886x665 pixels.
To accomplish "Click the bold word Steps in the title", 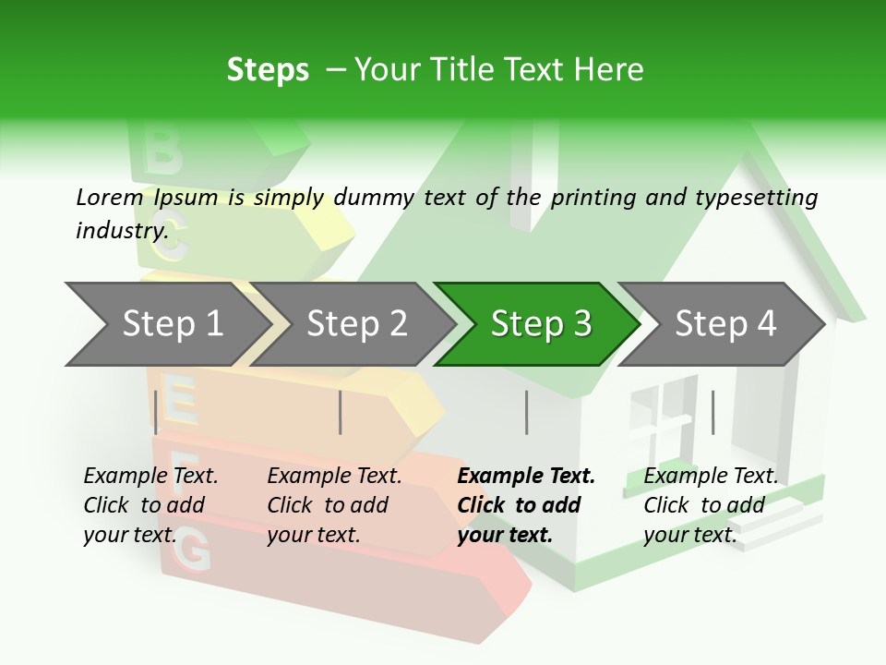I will click(268, 69).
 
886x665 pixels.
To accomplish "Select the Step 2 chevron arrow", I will click(356, 323).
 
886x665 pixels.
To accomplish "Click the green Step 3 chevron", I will click(541, 323).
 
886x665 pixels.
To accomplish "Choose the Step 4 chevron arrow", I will click(725, 323).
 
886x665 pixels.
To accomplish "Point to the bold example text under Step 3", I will click(526, 505).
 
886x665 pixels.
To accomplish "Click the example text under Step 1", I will click(150, 505).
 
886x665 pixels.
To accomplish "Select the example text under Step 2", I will click(334, 505).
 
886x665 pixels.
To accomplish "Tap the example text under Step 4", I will click(711, 505).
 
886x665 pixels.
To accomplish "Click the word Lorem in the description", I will click(110, 197).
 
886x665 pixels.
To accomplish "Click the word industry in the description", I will click(121, 230).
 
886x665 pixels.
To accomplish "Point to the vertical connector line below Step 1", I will click(156, 412).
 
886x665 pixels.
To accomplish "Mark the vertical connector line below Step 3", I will click(526, 412).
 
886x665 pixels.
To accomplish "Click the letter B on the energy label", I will click(162, 151).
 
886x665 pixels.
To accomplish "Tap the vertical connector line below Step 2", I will click(341, 412).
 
